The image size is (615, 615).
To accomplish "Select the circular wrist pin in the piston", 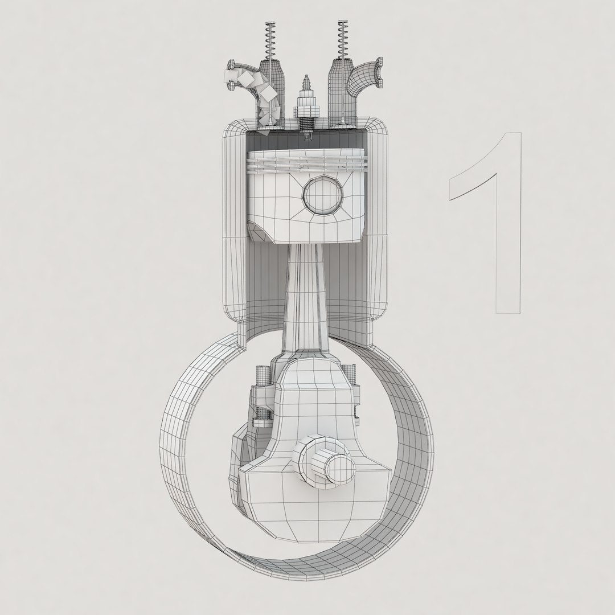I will click(323, 195).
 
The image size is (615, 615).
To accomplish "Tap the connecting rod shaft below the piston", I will click(307, 296).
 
